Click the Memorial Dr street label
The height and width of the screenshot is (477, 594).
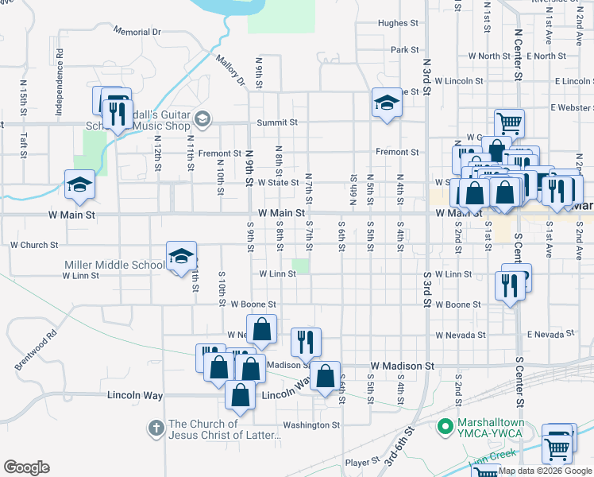pyautogui.click(x=137, y=32)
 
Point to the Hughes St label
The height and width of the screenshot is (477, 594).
pyautogui.click(x=392, y=24)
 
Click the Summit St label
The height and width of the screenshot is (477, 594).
pyautogui.click(x=276, y=122)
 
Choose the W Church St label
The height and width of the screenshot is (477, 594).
pyautogui.click(x=33, y=246)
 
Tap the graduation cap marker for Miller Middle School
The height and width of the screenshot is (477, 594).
pyautogui.click(x=182, y=256)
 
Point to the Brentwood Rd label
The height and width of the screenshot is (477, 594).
pyautogui.click(x=37, y=349)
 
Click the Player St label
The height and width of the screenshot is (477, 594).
pyautogui.click(x=364, y=462)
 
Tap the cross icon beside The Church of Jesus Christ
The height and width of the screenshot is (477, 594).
pyautogui.click(x=156, y=429)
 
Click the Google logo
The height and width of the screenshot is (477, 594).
pyautogui.click(x=26, y=467)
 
